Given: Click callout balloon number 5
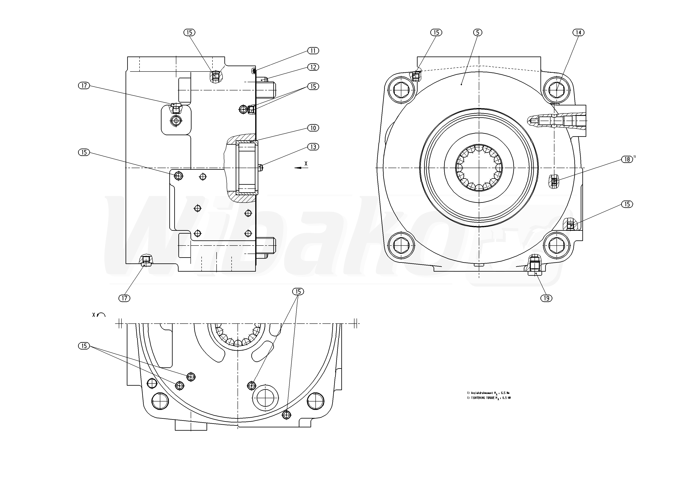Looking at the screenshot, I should (x=478, y=32).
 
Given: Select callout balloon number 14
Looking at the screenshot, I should (x=578, y=32).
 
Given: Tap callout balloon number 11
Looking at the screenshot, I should (x=313, y=51).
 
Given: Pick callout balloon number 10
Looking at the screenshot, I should (x=313, y=128).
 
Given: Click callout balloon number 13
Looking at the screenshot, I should (x=313, y=147).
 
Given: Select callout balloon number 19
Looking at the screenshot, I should (x=546, y=298).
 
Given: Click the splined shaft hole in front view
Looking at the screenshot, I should (x=479, y=168).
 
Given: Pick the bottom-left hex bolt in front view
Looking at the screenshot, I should (x=401, y=245).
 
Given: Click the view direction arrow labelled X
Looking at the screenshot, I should (x=301, y=167).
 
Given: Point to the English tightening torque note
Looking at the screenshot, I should (x=489, y=398).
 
